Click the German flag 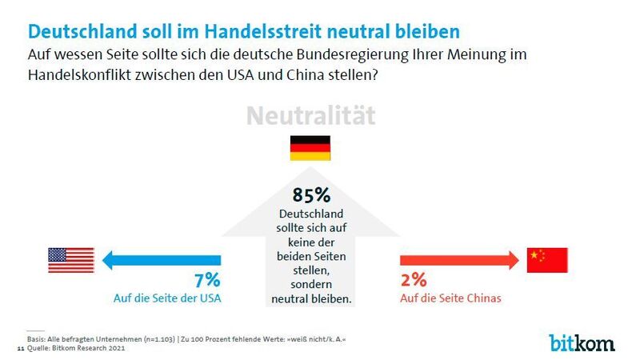click(310, 149)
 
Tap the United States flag click(70, 258)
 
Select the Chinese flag click(547, 258)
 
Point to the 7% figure click(206, 281)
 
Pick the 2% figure click(413, 281)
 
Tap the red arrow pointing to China click(457, 258)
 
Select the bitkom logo click(582, 342)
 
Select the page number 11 click(20, 349)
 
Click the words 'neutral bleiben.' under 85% click(311, 298)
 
